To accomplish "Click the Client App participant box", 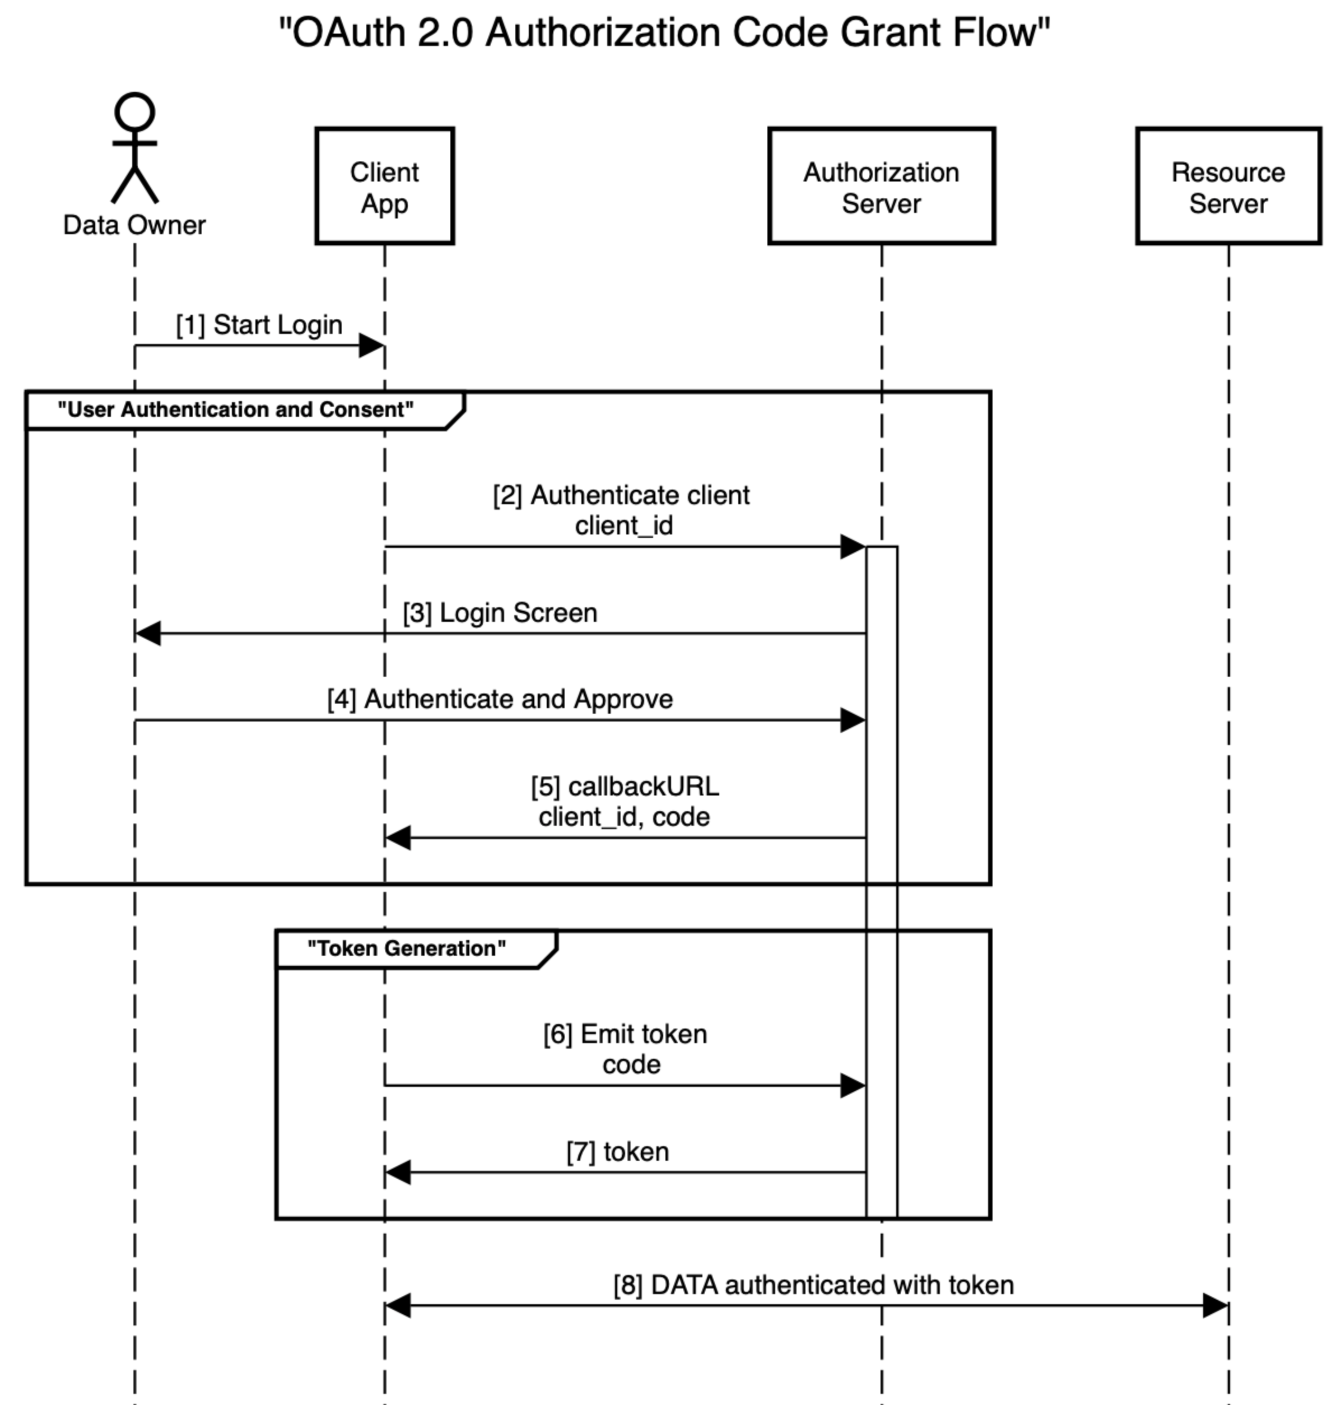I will [x=384, y=187].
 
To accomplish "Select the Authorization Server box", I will [x=881, y=187].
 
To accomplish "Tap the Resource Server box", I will [x=1228, y=187].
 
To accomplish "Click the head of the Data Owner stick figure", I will [x=135, y=112].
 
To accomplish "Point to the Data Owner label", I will [x=134, y=225].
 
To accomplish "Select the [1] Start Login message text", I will [x=259, y=324].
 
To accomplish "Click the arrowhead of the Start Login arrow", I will [x=371, y=346].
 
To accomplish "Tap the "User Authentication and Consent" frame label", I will [x=235, y=410].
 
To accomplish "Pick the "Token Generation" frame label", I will [x=406, y=948].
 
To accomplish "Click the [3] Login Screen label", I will [x=500, y=613].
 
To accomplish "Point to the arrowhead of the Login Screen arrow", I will [x=148, y=632].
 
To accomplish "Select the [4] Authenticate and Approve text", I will [x=500, y=699].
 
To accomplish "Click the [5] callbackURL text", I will [x=625, y=787].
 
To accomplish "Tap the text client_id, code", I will [x=623, y=817].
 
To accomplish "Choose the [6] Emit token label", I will [x=625, y=1034].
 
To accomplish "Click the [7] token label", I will [x=617, y=1152].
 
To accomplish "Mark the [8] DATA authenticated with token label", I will [x=814, y=1285].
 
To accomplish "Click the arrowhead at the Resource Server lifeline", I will [x=1215, y=1305].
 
